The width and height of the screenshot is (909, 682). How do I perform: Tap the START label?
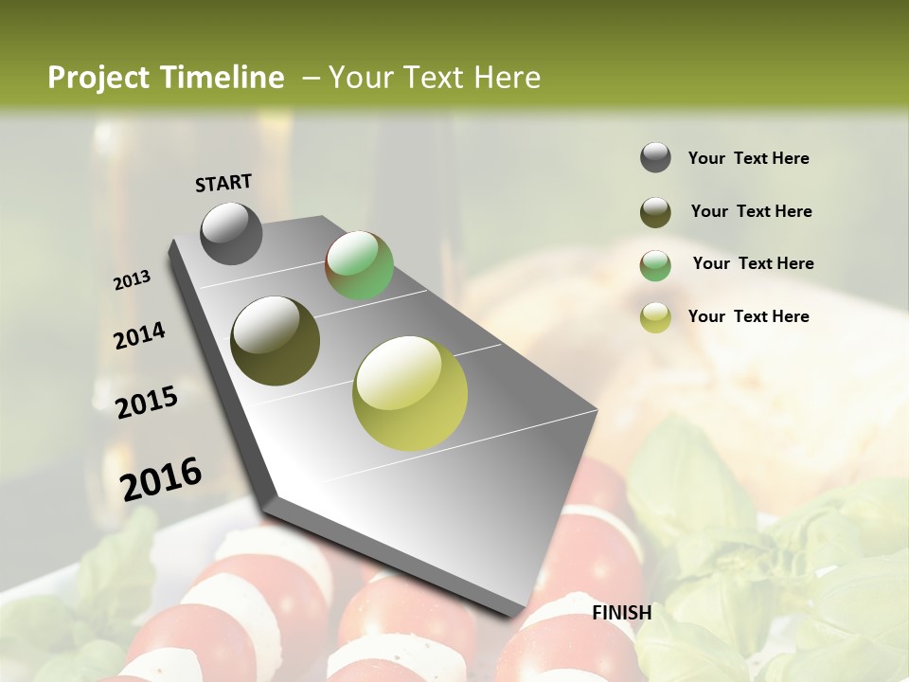pos(223,183)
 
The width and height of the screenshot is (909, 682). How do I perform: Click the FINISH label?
pos(622,613)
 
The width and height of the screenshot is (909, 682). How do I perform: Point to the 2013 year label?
pos(132,280)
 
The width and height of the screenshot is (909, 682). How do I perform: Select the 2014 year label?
pos(139,335)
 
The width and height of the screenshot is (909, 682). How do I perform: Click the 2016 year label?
pos(161,479)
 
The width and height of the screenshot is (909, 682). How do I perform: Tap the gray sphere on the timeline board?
pos(231,233)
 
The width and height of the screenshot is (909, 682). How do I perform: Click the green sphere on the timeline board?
pos(360,265)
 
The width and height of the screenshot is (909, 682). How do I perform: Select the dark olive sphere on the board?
pos(276,341)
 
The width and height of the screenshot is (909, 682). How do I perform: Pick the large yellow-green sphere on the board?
pos(410,393)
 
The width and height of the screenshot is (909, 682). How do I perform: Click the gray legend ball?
pos(655,157)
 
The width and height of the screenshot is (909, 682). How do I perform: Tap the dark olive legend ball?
pos(655,212)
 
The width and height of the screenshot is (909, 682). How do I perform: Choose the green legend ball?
pos(655,265)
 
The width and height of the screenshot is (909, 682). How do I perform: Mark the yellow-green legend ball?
pos(655,317)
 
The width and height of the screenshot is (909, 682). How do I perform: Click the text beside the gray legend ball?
pos(748,158)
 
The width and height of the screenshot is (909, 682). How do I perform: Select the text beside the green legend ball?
pos(753,263)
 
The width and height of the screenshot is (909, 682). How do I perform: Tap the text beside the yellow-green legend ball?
pos(748,316)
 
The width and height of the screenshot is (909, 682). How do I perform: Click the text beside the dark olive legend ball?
pos(751,211)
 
